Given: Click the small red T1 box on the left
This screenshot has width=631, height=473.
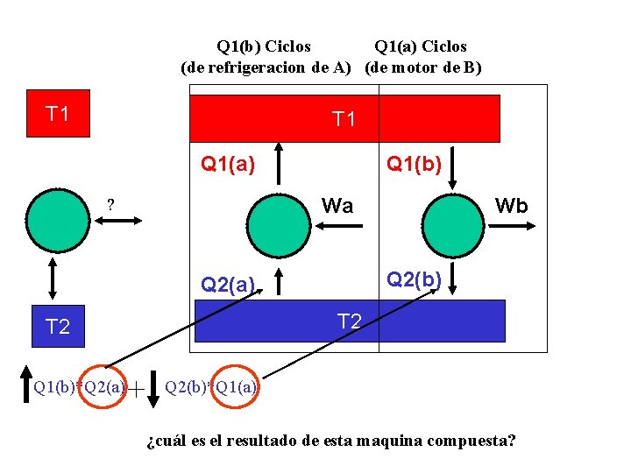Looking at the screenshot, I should (58, 114).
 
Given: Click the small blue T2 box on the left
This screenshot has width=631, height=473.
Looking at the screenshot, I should (58, 327).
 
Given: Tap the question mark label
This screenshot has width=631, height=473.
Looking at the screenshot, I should (111, 205).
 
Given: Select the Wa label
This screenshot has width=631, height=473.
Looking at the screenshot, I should (337, 206).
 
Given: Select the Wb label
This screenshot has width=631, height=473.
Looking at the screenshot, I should (511, 206).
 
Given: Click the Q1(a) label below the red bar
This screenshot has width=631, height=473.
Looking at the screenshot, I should (228, 163).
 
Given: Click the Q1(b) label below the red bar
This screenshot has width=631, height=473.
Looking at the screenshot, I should (414, 163).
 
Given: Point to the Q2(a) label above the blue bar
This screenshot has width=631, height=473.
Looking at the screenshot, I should (228, 284).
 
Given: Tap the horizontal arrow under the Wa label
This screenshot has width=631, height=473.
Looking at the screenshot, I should (337, 226).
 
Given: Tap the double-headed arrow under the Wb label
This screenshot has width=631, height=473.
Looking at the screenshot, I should (511, 226).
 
